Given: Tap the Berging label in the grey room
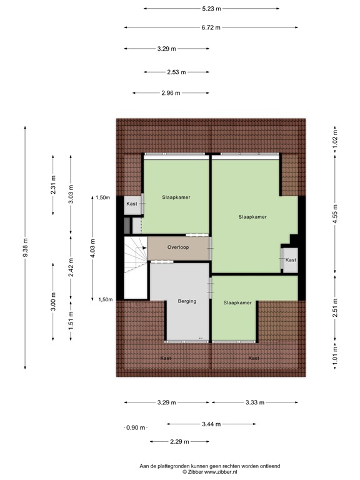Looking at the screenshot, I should coord(187,301).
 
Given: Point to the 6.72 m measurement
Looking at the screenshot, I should coord(211,27).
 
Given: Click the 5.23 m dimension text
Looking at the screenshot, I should coord(211,9).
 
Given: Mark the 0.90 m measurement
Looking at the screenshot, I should coord(135,428).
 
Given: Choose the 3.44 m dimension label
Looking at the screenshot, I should coord(211,424).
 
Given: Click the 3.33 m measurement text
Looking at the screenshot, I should coord(254,402).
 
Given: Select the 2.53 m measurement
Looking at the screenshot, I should coord(176,72).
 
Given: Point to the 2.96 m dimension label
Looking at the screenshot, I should coord(169,93).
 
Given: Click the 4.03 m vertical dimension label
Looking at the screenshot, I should coord(92,248).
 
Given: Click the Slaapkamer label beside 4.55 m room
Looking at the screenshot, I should coord(252,217).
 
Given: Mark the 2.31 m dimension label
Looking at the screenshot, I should coord(52,186).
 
